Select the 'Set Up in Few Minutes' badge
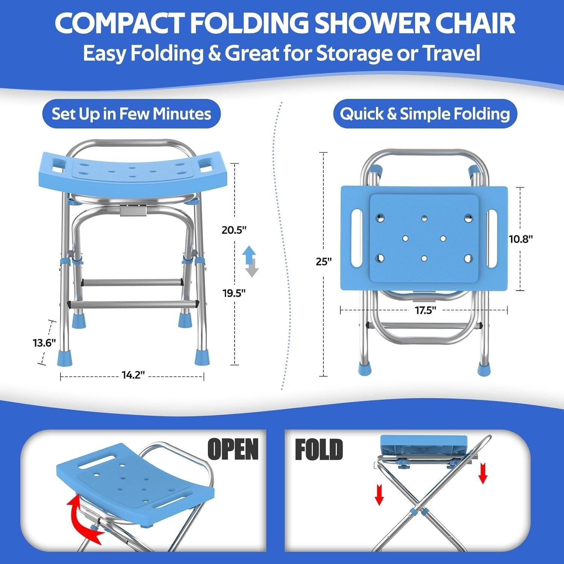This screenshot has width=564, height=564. coord(131,114)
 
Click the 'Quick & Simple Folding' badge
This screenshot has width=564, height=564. coord(425,114)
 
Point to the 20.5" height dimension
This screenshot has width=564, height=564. coord(234,230)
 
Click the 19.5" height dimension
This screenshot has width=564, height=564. coord(234,293)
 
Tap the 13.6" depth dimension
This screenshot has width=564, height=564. coord(44,343)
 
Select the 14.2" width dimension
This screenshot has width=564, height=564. coord(133,375)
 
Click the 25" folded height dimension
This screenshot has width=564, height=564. coord(323,261)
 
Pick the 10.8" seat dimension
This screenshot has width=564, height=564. coord(521,239)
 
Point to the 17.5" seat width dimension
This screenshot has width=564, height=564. coord(425,311)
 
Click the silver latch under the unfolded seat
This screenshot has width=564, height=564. coord(132,211)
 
